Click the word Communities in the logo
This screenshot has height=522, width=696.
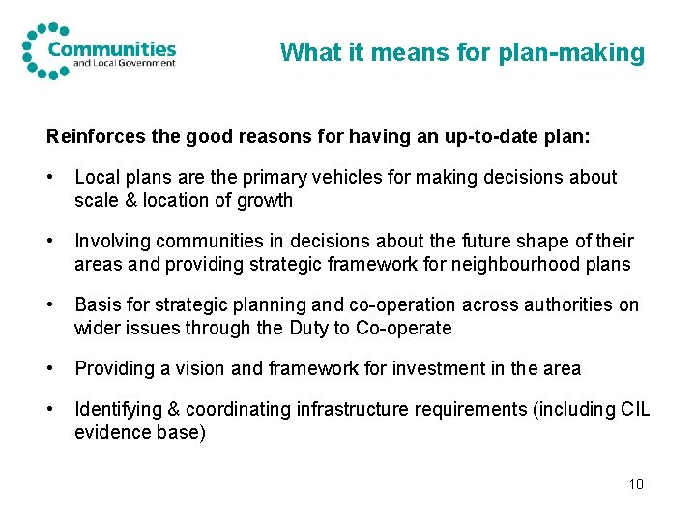coord(112,47)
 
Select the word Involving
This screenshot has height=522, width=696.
coord(111,241)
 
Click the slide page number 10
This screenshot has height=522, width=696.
coord(635,484)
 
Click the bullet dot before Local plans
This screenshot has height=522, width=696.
coord(49,178)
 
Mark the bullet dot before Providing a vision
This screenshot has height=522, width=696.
coord(49,369)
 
